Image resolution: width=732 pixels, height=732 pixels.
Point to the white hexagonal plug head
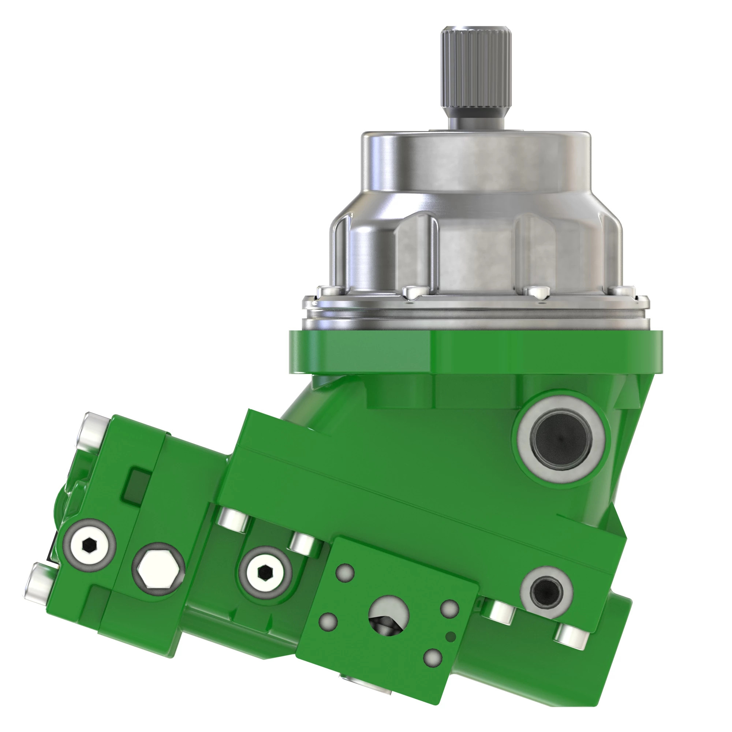tap(158, 569)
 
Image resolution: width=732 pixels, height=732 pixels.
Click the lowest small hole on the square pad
tap(433, 658)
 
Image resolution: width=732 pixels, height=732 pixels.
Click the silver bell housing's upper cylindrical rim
tap(475, 152)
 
